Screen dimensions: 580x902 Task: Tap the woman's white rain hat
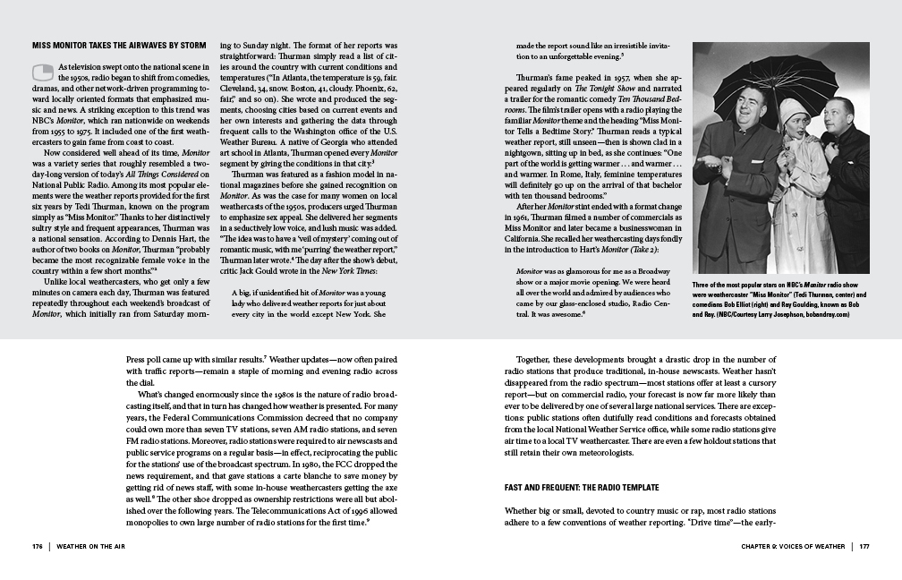click(792, 112)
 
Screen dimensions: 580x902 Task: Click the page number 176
click(37, 545)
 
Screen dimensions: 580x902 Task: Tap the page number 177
click(864, 545)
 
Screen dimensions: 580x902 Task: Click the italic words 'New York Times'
click(358, 243)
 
